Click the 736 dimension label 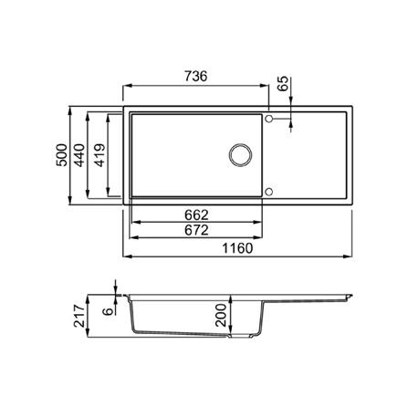[x=196, y=77]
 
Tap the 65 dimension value [x=283, y=84]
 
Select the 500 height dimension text [x=62, y=155]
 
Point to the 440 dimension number [x=79, y=155]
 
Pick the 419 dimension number [x=100, y=155]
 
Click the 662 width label [x=196, y=215]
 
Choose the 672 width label [x=196, y=230]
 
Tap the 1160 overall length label [x=237, y=248]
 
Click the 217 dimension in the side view [x=79, y=316]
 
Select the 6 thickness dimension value [x=108, y=311]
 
